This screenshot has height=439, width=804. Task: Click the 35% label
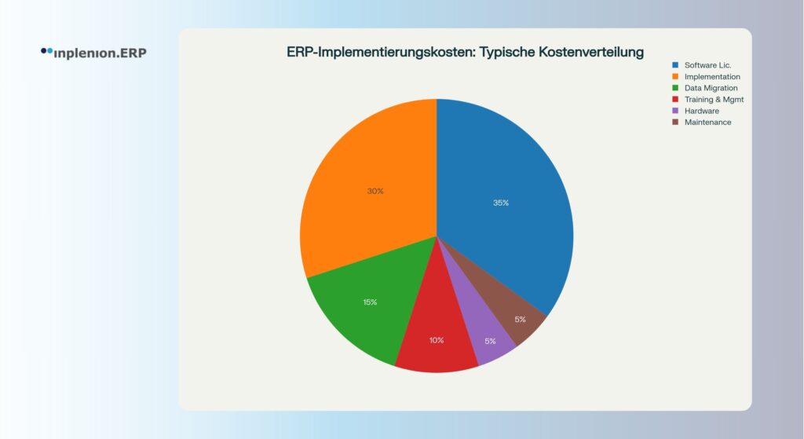tap(501, 203)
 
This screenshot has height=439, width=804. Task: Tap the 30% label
tap(375, 192)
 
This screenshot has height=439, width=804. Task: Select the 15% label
tap(371, 302)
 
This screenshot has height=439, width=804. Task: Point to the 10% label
tap(437, 341)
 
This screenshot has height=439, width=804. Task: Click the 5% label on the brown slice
tap(521, 320)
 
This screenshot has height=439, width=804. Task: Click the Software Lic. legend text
tap(707, 65)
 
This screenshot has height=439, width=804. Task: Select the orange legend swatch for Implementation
tap(675, 76)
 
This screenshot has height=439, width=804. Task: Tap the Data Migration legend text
tap(711, 88)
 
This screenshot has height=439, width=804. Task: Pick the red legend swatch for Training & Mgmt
tap(675, 99)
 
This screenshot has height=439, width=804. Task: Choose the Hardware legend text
tap(702, 111)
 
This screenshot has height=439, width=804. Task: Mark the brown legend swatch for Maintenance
tap(675, 122)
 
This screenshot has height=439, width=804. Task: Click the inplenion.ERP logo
tap(94, 53)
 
